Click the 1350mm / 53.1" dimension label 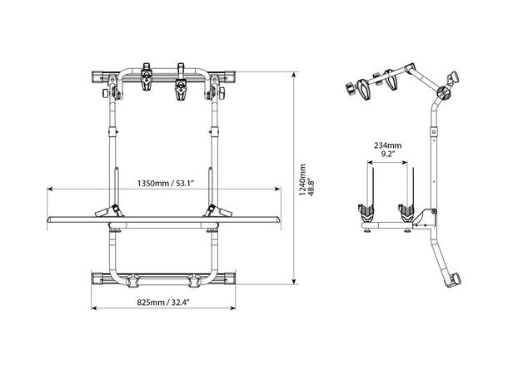click(x=166, y=184)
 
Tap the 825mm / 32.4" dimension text click(x=163, y=303)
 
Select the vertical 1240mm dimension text click(x=302, y=180)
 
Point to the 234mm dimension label click(x=388, y=145)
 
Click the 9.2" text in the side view click(x=388, y=154)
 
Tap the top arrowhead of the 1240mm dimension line click(x=294, y=75)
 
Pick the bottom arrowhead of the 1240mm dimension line click(x=294, y=281)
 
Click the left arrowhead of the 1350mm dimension click(x=50, y=189)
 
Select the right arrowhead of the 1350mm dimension click(x=277, y=189)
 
